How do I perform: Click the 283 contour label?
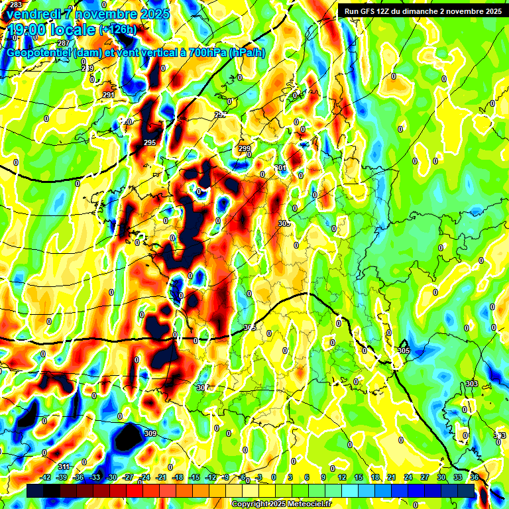(x=16, y=5)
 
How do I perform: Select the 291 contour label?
(x=109, y=95)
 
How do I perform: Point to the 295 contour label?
(x=149, y=143)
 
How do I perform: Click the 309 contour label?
(x=150, y=434)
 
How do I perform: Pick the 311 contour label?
(x=64, y=467)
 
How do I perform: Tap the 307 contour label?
(x=203, y=388)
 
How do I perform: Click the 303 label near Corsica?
(x=472, y=384)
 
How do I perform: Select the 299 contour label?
(x=245, y=148)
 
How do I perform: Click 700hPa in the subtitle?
(x=199, y=52)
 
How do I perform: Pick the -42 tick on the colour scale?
(x=46, y=477)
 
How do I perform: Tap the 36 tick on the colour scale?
(x=475, y=477)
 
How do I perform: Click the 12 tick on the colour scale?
(x=342, y=477)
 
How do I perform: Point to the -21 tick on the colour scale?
(x=161, y=477)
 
